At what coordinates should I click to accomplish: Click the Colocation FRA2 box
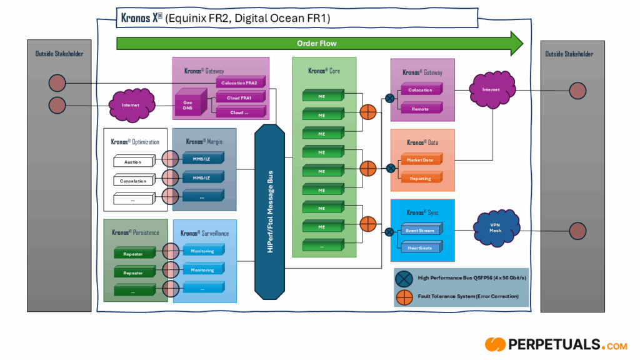[x=241, y=82]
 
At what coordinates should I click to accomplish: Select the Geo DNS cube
[x=188, y=105]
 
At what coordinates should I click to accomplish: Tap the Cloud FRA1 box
[x=240, y=97]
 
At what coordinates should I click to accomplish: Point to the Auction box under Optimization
[x=133, y=162]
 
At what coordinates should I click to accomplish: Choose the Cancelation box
[x=133, y=181]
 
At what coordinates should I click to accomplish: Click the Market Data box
[x=420, y=160]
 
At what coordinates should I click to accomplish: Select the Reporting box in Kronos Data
[x=420, y=178]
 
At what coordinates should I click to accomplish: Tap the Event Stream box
[x=420, y=231]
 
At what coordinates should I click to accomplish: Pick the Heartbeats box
[x=420, y=248]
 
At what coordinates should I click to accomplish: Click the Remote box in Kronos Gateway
[x=420, y=109]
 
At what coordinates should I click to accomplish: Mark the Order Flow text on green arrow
[x=316, y=44]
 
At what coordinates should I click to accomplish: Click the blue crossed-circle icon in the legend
[x=404, y=277]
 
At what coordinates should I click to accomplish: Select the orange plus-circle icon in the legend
[x=404, y=296]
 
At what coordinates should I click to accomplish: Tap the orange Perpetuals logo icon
[x=495, y=344]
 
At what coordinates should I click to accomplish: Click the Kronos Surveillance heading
[x=204, y=233]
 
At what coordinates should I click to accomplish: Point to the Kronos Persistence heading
[x=136, y=232]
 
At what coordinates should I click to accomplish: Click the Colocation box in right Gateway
[x=420, y=90]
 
